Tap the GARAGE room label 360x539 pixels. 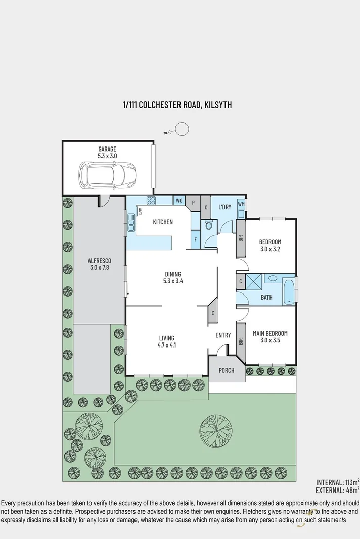pos(107,149)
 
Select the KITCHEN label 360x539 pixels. pos(163,222)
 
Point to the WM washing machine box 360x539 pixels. pos(241,204)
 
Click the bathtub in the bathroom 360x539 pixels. pos(289,290)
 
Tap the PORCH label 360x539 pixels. pos(227,370)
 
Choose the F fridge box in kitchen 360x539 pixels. pos(195,240)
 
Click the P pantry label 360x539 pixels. pos(193,202)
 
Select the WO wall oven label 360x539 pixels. pos(179,201)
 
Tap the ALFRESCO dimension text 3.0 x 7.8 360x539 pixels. pos(99,268)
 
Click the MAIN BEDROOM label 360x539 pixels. pos(271,333)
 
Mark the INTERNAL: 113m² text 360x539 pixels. pos(337,482)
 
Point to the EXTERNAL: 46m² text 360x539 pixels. pos(337,489)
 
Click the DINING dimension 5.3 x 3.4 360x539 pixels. pos(172,281)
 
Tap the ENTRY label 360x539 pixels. pos(223,335)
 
